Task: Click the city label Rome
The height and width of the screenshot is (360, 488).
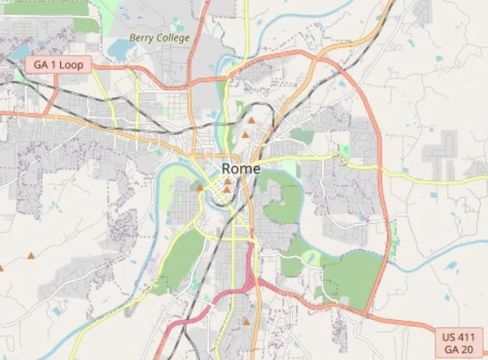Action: [x=241, y=169]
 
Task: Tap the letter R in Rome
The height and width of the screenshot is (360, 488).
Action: [x=226, y=169]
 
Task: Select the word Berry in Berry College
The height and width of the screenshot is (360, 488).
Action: [x=141, y=38]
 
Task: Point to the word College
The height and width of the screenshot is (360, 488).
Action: [x=173, y=38]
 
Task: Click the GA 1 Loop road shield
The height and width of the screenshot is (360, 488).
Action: [x=58, y=65]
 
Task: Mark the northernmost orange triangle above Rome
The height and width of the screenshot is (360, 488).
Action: [x=251, y=120]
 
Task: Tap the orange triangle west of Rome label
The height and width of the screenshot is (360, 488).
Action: [x=200, y=186]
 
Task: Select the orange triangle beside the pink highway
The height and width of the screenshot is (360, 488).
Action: [x=246, y=321]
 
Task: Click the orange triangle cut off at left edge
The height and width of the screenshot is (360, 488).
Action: [x=1, y=267]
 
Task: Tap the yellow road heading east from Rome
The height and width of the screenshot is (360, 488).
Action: [x=428, y=179]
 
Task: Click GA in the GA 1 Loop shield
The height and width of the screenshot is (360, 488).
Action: [x=41, y=65]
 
